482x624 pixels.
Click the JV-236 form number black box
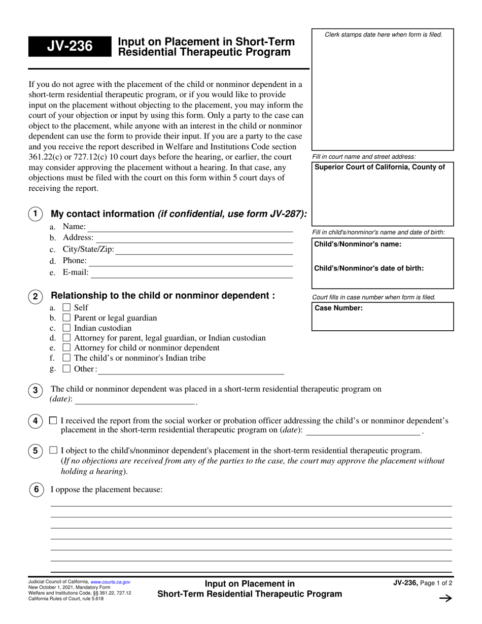70,47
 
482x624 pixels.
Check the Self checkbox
66,307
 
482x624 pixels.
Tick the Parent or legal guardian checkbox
66,318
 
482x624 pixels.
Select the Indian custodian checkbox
66,328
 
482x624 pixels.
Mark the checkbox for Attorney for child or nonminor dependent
66,348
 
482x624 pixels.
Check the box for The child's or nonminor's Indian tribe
66,358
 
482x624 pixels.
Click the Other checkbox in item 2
66,369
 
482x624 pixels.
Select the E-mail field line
191,273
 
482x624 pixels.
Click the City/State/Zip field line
204,250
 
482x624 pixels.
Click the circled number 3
35,390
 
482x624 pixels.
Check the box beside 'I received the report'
53,421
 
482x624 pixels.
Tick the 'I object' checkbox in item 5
53,450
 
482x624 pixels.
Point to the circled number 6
36,490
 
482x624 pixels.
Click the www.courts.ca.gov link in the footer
110,582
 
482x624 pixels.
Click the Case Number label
339,308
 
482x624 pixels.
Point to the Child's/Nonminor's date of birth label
369,268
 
